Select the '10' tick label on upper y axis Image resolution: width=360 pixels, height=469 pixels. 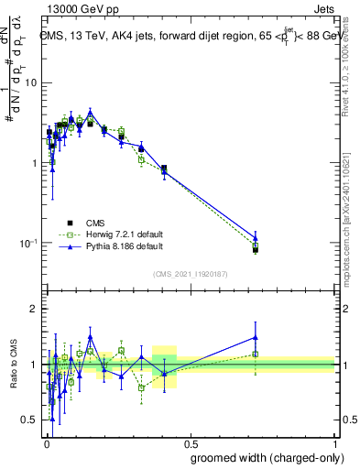[30, 82]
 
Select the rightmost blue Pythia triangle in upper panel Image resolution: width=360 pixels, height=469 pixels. [256, 237]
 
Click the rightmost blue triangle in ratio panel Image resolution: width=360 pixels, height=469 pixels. [256, 337]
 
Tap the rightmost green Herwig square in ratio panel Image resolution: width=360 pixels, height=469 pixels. [256, 354]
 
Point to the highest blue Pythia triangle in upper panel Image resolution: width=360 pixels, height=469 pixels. [90, 112]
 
